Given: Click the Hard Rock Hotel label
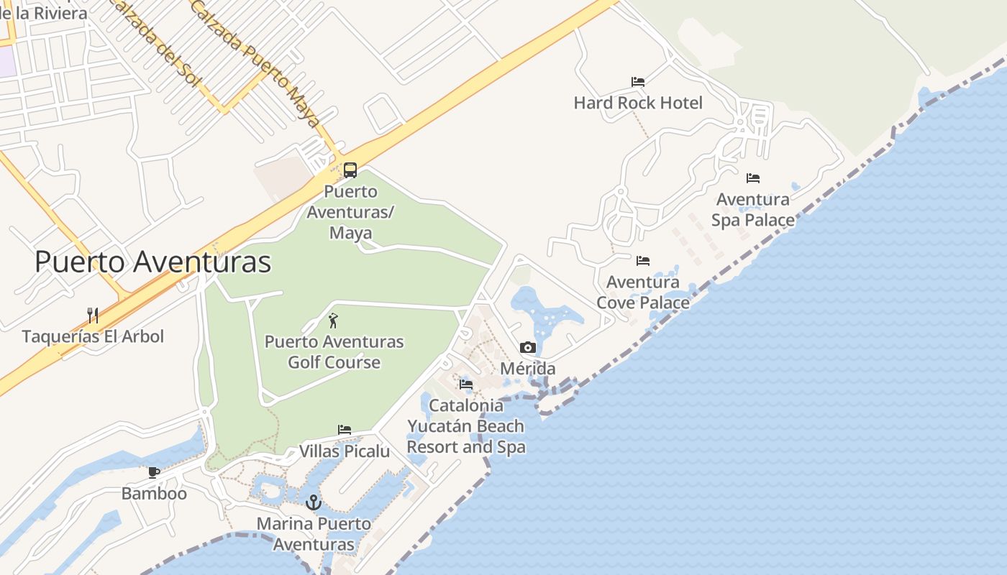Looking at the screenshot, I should (x=638, y=103).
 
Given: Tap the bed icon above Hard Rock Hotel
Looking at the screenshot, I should (x=638, y=82).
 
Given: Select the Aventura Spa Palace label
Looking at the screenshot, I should (x=753, y=209).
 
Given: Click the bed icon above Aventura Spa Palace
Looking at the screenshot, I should (x=753, y=178).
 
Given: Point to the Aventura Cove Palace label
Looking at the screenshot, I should (x=643, y=292).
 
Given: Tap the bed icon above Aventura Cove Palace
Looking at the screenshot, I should (x=643, y=260).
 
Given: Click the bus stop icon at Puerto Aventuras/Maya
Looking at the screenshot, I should (x=350, y=170).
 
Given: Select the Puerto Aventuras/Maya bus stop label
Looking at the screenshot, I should (x=351, y=212).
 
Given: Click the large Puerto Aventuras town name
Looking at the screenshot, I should (x=153, y=262).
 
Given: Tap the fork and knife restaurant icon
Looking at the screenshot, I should (x=93, y=316).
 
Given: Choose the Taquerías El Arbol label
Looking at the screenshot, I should (x=93, y=336).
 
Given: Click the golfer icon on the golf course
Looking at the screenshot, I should (x=333, y=321).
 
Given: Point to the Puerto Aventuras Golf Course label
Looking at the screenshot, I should (x=334, y=351).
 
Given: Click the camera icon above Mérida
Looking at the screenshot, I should (x=528, y=348).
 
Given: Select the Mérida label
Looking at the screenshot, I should (x=528, y=369).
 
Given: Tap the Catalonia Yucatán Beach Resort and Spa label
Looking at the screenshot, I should (x=466, y=426).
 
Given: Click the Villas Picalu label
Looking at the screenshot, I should (x=345, y=451).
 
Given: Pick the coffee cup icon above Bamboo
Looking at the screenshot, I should (x=154, y=472).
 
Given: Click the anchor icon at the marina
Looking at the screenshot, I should (x=313, y=502).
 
